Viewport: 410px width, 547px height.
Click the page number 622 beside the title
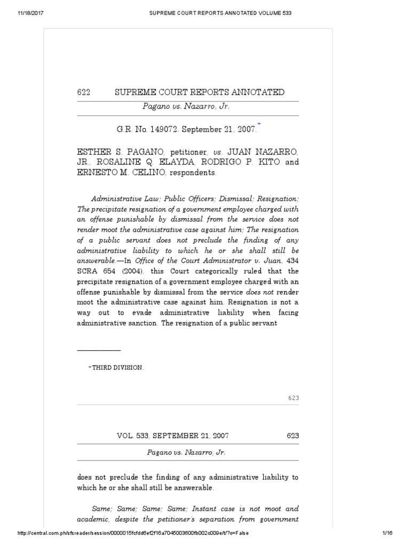click(x=84, y=92)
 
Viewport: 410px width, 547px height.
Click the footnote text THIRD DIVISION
click(x=117, y=368)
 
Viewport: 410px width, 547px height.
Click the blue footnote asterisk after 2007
click(x=259, y=125)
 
